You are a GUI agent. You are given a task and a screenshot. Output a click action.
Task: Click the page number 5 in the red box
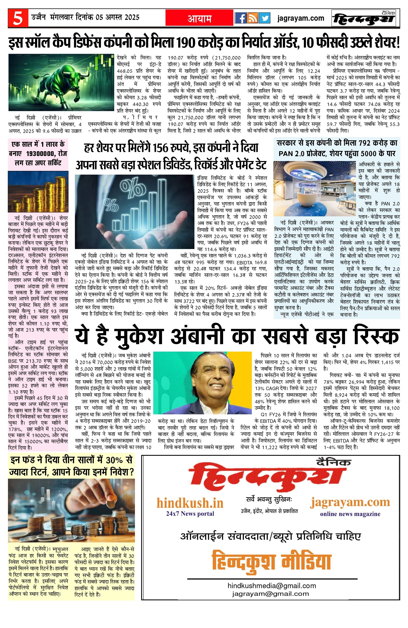pos(18,18)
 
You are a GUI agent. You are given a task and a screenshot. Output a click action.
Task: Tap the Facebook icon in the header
pos(241,18)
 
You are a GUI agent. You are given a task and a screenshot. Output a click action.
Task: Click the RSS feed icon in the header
pos(252,18)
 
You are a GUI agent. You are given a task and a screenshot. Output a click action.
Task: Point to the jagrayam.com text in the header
pos(301,18)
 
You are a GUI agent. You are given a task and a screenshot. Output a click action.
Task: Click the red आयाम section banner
pos(199,18)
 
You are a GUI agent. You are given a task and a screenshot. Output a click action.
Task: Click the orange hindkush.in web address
pos(190,503)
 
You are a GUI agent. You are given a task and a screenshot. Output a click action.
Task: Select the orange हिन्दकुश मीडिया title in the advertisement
pos(271,560)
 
